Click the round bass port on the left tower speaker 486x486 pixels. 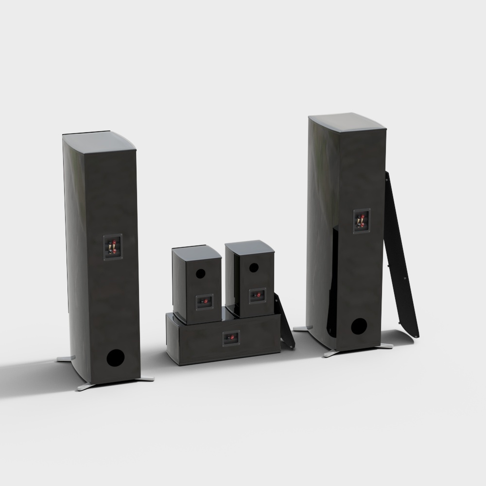(116, 358)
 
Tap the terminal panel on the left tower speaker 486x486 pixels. (112, 247)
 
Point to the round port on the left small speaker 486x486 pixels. (200, 274)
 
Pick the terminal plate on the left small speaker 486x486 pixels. (205, 302)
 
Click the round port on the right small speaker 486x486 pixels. (254, 267)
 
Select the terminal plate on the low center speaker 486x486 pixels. (231, 338)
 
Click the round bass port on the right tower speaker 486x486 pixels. (359, 326)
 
